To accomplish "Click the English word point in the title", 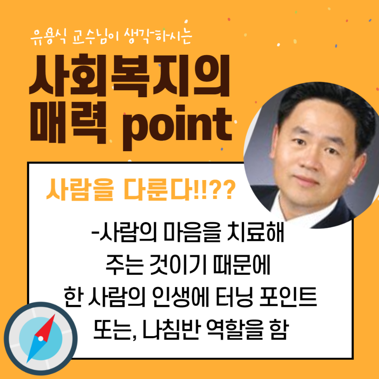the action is [x=178, y=127].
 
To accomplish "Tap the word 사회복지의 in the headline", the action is [x=129, y=75].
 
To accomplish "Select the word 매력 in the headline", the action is [x=68, y=122].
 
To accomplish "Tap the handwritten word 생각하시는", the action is [x=158, y=36].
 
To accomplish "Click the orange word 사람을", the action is [x=80, y=190].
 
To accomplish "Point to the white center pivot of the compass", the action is [x=41, y=338].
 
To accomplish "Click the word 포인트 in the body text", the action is [x=288, y=297].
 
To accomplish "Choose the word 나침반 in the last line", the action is [x=172, y=329].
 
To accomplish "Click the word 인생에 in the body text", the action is [x=180, y=297].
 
